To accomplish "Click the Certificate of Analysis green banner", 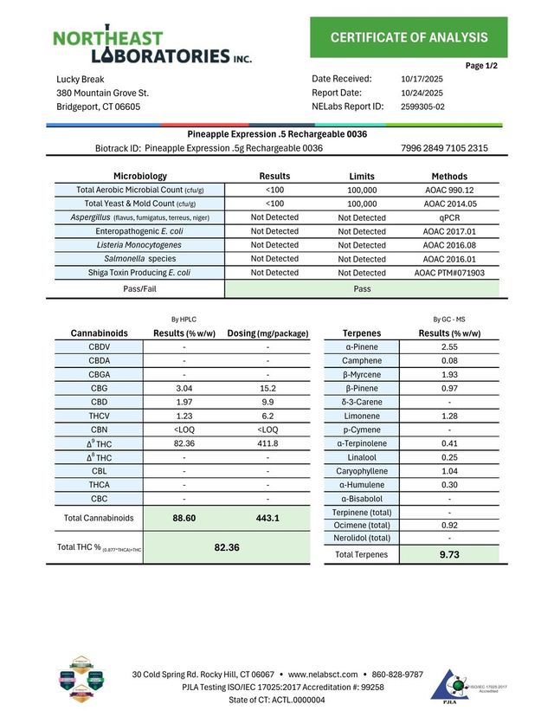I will coord(409,37).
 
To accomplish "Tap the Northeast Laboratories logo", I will coord(152,47).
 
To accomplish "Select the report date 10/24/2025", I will coord(422,93).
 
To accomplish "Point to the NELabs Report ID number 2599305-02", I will coord(423,107).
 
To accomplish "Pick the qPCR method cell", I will coord(449,217).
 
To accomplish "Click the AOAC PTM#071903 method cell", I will coord(449,273).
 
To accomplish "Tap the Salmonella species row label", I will coord(139,259).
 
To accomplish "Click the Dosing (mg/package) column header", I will coord(267,333).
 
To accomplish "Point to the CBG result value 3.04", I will coord(184,389).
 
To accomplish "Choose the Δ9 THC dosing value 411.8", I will coord(267,443).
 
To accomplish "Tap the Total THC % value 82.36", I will coord(226,547).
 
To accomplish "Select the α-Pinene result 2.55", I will coord(449,346).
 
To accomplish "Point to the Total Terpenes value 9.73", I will coord(449,554).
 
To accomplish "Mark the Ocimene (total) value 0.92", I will coord(449,525).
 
